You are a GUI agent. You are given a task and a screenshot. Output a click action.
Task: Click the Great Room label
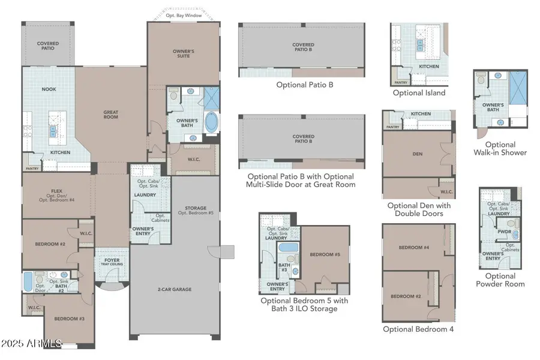[110, 113]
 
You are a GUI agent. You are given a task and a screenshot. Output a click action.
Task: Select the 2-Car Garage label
[174, 289]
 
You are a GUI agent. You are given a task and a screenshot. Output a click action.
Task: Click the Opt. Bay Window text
[184, 15]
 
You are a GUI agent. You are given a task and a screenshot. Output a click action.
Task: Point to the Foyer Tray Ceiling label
[112, 263]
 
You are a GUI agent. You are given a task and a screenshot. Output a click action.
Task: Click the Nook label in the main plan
[49, 89]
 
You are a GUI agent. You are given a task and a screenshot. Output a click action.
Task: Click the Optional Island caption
[419, 93]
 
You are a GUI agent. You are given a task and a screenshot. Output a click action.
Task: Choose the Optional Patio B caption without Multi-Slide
[304, 85]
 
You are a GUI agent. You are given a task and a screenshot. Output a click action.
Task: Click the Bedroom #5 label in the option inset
[325, 254]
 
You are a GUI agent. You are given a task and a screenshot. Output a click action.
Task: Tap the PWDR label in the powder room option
[503, 231]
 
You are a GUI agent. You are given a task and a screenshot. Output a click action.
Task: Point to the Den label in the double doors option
[418, 154]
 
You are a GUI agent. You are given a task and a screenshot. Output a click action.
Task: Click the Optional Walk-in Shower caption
[500, 148]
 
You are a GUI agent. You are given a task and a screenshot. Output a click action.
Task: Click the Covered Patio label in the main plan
[47, 46]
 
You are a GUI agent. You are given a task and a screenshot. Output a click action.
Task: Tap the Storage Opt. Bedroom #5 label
[195, 211]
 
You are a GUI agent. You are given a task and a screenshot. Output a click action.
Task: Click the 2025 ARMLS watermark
[31, 343]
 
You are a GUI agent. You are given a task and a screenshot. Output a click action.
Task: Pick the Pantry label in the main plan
[31, 160]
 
